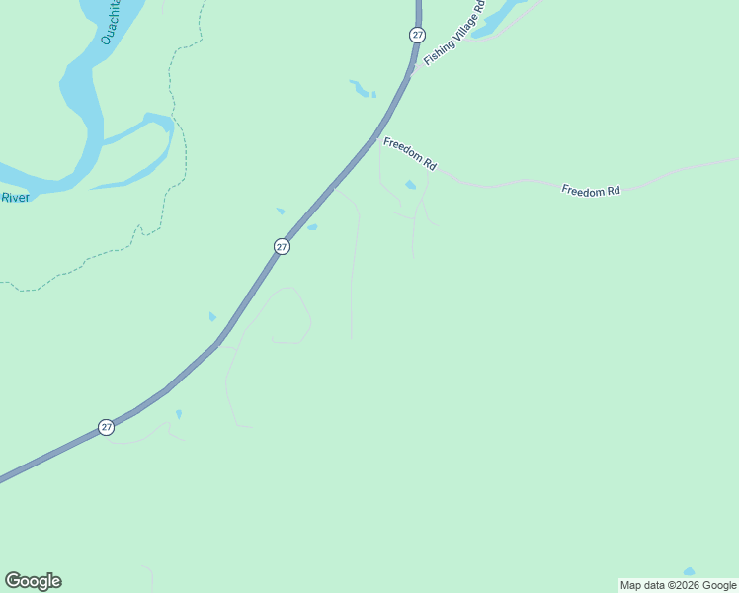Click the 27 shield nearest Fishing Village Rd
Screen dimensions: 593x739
417,35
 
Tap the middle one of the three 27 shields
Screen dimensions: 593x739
282,246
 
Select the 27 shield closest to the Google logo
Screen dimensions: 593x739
106,427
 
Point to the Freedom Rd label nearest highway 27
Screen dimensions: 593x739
410,153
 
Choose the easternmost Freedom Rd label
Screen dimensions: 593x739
590,189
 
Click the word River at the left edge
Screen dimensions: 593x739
15,198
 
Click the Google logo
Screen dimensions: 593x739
33,581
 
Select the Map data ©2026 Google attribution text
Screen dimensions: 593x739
678,585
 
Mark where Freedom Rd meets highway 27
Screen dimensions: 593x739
376,138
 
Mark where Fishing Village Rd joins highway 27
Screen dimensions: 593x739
412,72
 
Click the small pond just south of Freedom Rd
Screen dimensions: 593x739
410,184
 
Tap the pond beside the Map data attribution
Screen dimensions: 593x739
689,572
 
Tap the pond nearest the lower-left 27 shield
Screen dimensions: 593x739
179,414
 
